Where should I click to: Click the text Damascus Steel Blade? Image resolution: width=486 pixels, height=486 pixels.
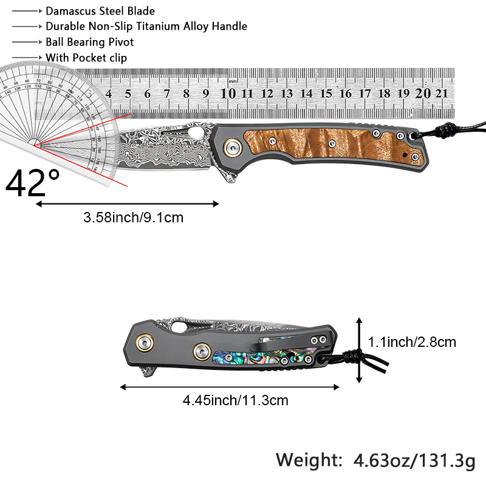[x=100, y=11]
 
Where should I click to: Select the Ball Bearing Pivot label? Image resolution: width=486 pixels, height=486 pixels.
[x=89, y=42]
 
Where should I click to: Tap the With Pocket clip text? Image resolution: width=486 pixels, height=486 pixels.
[x=86, y=58]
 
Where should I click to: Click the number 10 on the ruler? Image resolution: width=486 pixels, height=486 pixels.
[x=228, y=94]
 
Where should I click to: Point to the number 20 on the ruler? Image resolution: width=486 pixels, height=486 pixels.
[x=423, y=94]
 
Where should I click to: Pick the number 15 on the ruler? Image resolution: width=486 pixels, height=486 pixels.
[x=326, y=94]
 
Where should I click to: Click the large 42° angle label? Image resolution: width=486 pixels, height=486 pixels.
[x=33, y=183]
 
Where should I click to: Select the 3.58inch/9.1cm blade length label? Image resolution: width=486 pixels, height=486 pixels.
[x=133, y=217]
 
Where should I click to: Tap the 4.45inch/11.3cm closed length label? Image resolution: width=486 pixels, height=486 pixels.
[x=236, y=400]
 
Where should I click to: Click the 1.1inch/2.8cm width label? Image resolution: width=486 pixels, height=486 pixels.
[x=412, y=342]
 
